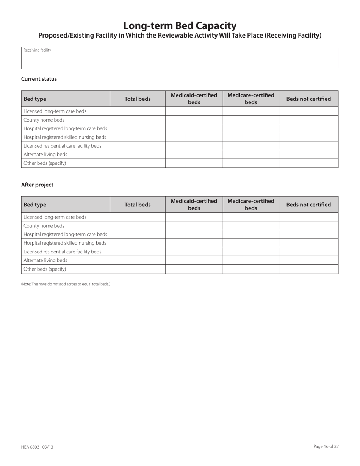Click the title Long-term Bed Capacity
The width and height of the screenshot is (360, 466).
[x=180, y=25]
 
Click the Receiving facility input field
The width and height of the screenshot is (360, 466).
[x=180, y=60]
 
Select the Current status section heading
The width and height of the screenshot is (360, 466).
[x=39, y=79]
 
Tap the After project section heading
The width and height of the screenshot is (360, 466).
[x=37, y=185]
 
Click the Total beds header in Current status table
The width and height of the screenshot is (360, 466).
[x=138, y=99]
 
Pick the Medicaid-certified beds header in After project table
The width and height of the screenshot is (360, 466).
[x=194, y=205]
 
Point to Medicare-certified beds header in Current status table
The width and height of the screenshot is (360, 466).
[x=250, y=99]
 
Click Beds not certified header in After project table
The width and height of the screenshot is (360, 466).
[x=308, y=205]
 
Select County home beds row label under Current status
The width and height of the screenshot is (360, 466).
[x=44, y=120]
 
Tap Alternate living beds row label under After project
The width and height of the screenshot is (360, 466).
[x=45, y=260]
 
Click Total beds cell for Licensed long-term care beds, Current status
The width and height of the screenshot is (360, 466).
[x=138, y=111]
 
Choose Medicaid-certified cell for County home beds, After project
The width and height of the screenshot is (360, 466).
[x=194, y=226]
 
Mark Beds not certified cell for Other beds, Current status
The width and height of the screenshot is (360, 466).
[x=308, y=163]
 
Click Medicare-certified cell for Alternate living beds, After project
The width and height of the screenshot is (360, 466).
[x=250, y=260]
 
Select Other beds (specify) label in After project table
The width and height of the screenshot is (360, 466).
[x=45, y=269]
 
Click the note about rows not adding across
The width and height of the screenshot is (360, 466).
[x=66, y=284]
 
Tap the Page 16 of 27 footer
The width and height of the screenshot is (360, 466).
[x=326, y=446]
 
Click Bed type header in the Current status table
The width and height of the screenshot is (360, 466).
[x=35, y=99]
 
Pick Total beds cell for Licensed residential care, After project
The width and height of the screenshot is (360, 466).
[x=138, y=252]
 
